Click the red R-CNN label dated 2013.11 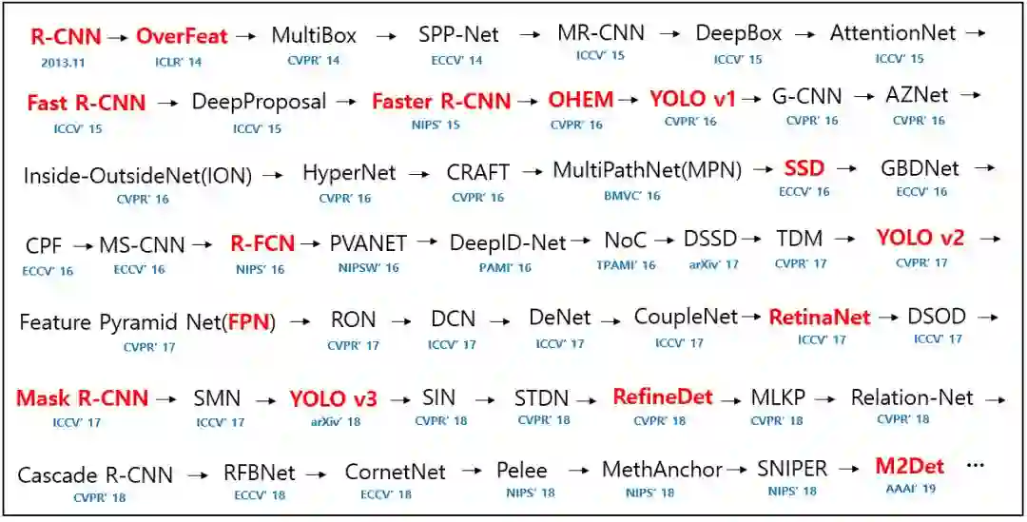66,37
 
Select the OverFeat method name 182,37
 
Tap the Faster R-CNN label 440,101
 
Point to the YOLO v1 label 692,99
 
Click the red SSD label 804,169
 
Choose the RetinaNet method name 819,317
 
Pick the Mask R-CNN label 82,398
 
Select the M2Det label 909,466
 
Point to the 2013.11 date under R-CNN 65,62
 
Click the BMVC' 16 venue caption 631,196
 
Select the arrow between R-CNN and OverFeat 118,38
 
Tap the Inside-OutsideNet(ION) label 137,176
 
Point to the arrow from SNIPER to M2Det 852,469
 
